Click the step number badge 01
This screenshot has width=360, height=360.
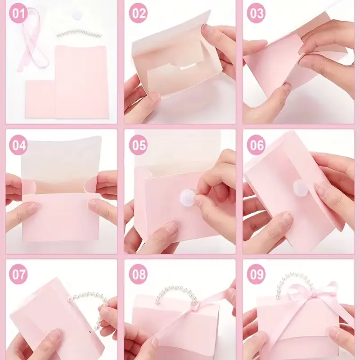click(18, 13)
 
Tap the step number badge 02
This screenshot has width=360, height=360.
click(138, 13)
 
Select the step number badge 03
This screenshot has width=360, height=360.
click(256, 13)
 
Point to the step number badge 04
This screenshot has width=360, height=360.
click(18, 145)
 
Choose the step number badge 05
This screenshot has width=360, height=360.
click(138, 145)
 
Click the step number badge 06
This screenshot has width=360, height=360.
click(256, 145)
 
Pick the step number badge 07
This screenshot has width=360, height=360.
click(18, 274)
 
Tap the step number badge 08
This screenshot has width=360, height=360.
click(138, 274)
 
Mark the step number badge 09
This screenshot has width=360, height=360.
click(256, 274)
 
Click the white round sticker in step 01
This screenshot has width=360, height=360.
click(76, 15)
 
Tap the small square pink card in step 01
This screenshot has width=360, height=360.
click(40, 99)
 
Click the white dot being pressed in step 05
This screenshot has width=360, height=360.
click(187, 197)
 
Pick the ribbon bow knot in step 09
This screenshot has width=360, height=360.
click(311, 296)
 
